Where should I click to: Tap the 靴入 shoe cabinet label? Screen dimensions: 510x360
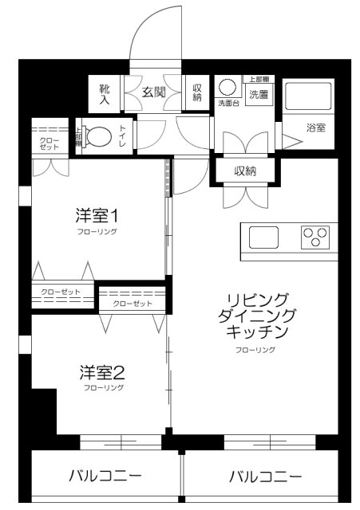point(105,92)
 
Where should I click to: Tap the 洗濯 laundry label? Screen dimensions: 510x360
point(259,95)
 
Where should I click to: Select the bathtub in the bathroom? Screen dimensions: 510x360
point(308,96)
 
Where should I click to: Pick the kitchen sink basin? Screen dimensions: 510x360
point(263,237)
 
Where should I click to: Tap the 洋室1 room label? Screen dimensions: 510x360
point(97,215)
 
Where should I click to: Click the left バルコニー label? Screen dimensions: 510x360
point(105,477)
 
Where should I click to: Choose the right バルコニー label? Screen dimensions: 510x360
point(265,477)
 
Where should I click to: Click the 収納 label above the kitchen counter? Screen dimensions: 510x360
point(245,171)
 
